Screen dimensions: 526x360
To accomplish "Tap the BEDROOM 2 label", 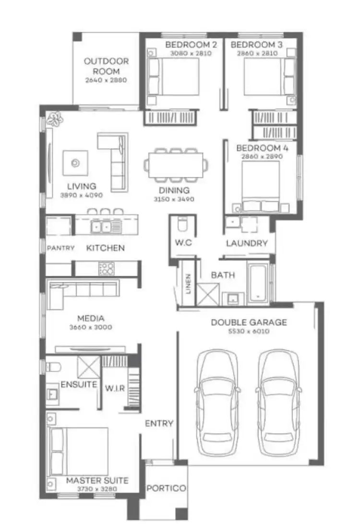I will click(x=191, y=45).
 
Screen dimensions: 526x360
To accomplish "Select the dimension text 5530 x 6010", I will click(x=248, y=331).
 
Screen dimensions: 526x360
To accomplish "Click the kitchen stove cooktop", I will click(x=107, y=269).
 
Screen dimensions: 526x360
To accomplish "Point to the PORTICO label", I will click(x=166, y=488).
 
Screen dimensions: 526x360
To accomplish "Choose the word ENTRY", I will click(x=159, y=423).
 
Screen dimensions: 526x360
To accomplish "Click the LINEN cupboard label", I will click(x=189, y=284).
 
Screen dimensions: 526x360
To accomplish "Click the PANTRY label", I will click(x=60, y=248).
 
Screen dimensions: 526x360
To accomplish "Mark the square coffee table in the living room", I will click(x=75, y=163).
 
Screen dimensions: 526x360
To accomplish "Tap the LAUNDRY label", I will click(x=247, y=243).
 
